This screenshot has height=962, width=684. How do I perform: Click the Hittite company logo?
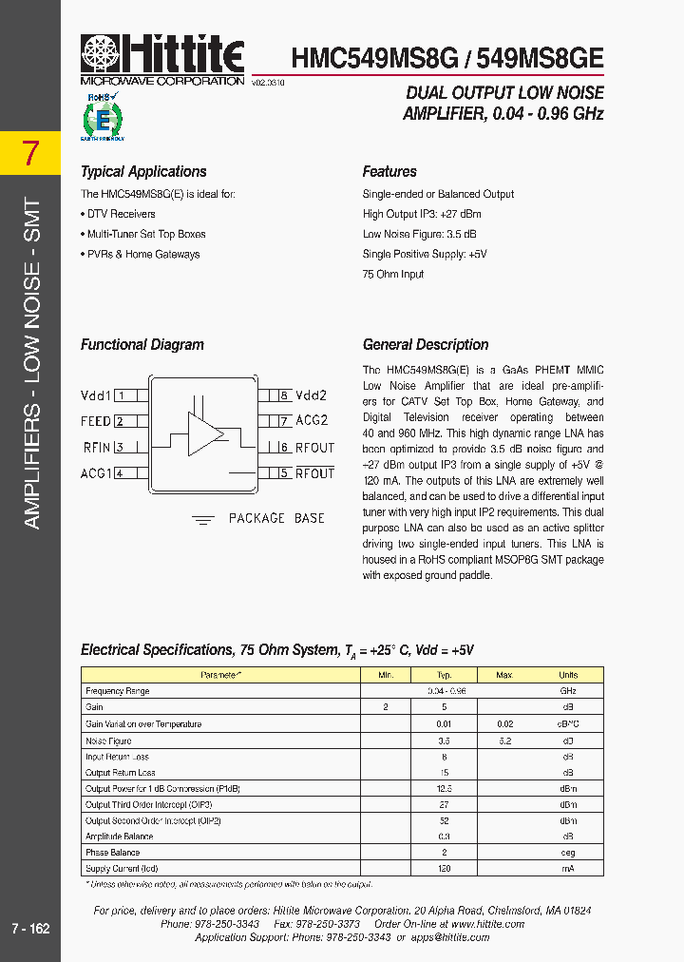point(162,58)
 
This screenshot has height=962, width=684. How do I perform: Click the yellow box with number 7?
point(31,152)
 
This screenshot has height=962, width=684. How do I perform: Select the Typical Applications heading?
point(143,172)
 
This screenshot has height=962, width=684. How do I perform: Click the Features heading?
point(389,172)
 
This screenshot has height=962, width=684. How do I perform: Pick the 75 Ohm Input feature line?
point(393,274)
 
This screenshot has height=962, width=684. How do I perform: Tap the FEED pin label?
point(96,421)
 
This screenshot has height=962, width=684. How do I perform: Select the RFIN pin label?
point(97,448)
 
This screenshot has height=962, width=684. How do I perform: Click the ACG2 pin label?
point(312,420)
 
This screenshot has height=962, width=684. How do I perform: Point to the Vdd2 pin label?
point(312,395)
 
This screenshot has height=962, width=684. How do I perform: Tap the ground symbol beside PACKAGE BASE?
point(203,519)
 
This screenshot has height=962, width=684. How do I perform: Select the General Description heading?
point(426,345)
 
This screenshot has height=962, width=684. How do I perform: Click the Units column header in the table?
point(567,675)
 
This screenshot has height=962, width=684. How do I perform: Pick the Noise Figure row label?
point(108,740)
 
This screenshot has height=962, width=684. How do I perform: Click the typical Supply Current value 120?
point(444,869)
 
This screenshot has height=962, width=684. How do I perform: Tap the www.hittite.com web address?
point(487,924)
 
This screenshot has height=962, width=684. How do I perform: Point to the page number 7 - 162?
point(30,928)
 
